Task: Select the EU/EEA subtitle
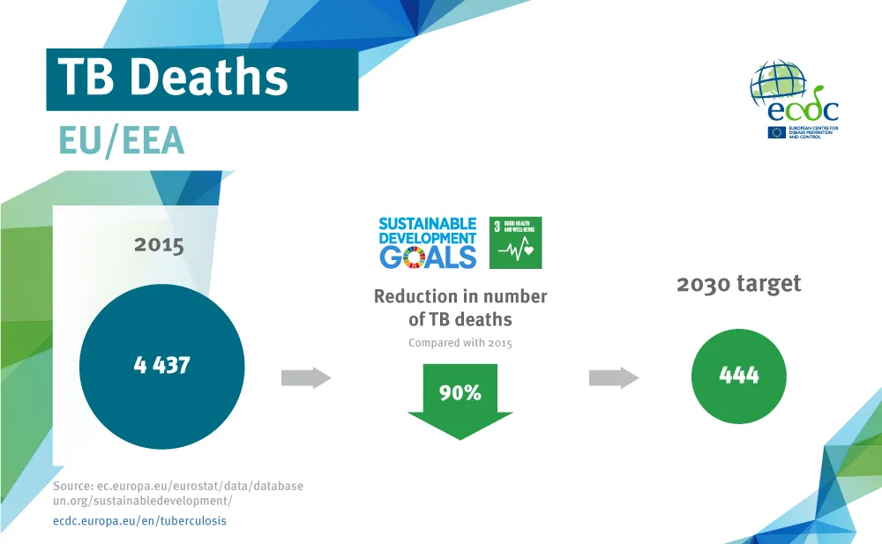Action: coord(121,140)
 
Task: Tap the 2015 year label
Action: coord(159,244)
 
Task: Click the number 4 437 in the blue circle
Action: coord(161,364)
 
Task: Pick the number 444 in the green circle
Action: coord(738,375)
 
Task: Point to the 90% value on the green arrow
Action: coord(460,393)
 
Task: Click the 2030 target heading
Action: coord(738,284)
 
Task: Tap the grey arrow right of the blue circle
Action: coord(305,378)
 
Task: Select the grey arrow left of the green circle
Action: coord(613,378)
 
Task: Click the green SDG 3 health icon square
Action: coord(515,242)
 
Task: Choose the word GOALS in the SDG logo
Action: coord(428,257)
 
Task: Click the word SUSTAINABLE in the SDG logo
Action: coord(427,224)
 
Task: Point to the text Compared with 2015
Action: coord(460,343)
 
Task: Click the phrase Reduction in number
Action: coord(460,296)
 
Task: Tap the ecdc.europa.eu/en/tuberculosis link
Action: coord(139,521)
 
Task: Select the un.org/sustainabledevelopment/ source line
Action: coord(142,501)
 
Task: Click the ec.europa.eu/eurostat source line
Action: coord(177,486)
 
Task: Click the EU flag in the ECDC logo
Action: coord(776,132)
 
